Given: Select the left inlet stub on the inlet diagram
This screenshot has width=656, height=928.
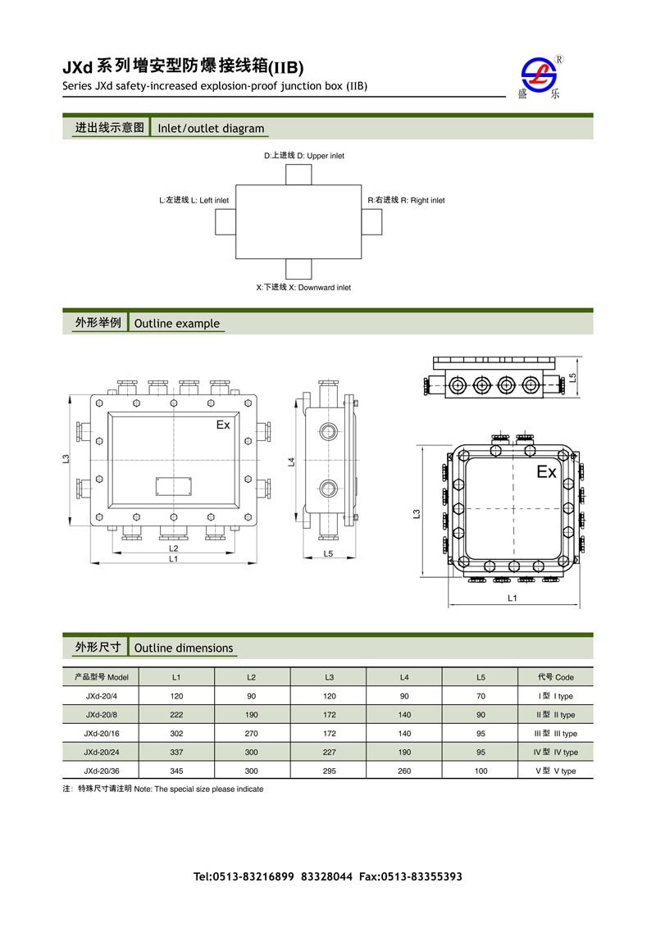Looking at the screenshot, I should point(225,222).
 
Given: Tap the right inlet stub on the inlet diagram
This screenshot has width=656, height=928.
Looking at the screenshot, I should point(371,222).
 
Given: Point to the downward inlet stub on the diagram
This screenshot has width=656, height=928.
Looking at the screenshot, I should point(299,269).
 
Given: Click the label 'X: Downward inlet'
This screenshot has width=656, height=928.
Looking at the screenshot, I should point(303,288).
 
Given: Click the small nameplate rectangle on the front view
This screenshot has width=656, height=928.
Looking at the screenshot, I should point(174,485).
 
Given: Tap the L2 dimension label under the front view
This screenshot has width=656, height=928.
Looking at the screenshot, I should point(174,548).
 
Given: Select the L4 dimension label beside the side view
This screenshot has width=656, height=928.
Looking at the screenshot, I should point(291,462).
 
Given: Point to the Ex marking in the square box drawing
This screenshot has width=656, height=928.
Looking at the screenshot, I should point(546,473).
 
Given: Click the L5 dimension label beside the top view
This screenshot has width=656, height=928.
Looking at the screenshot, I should point(573,377).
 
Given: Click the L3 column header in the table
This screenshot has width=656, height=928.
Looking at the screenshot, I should point(329,677).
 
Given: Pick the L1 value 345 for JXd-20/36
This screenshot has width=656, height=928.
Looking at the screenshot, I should point(176,771).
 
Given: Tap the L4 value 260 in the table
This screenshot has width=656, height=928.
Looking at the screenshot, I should point(404,771).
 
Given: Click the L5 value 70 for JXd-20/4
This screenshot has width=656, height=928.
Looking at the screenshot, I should point(481,696).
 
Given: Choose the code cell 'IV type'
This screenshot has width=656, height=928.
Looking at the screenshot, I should point(555,753).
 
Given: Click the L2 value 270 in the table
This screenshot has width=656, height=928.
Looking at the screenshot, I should point(252,734).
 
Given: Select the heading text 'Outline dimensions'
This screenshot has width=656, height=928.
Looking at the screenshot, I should point(184,648).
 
